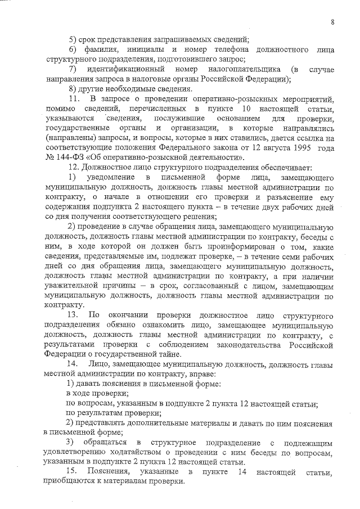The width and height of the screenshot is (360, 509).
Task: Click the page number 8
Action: [333, 22]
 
